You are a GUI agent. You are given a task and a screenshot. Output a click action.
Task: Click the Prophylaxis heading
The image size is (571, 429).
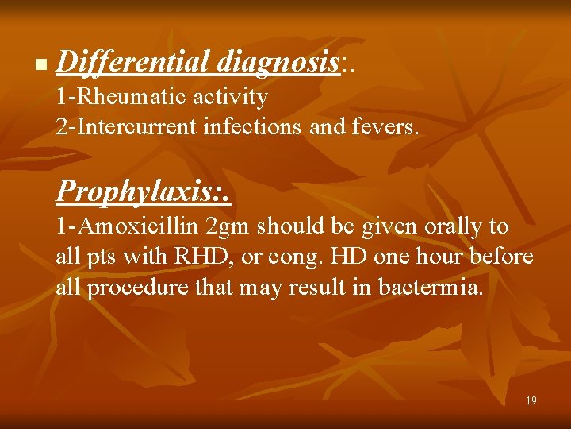pos(143,191)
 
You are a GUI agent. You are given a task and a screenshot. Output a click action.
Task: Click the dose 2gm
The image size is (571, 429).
pos(227,227)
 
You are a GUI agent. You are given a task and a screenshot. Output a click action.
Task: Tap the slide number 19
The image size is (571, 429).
pos(531,400)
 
